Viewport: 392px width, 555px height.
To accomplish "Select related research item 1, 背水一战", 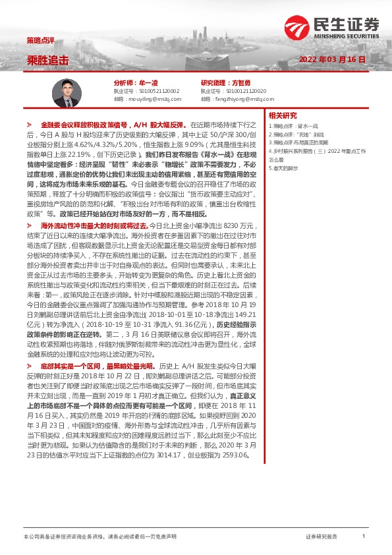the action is (x=309, y=125).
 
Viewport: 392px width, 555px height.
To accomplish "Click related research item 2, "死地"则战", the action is (x=310, y=134).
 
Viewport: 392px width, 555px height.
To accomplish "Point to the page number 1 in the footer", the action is (x=363, y=537).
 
